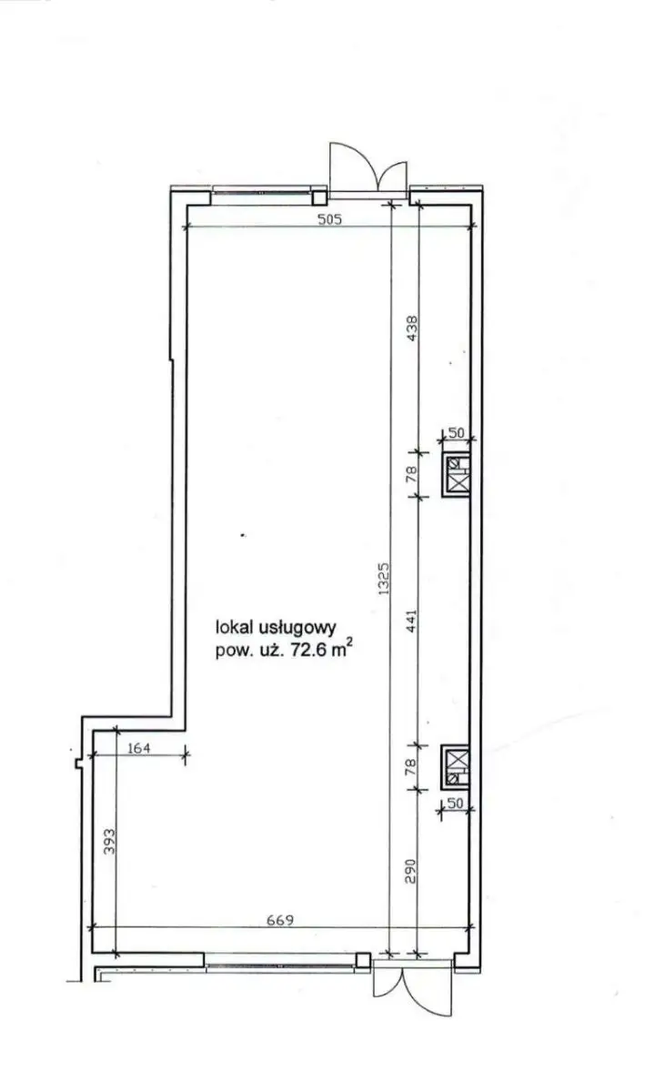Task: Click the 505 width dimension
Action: point(330,219)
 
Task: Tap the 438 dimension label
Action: point(411,329)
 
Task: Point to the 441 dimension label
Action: point(411,621)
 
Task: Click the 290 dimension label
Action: point(411,871)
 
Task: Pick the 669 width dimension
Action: point(280,920)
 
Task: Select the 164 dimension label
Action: point(139,747)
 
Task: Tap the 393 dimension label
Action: point(110,842)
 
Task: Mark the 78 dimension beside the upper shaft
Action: point(411,474)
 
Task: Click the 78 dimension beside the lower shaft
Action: point(411,766)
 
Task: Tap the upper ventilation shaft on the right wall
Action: point(457,475)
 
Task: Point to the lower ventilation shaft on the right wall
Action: point(456,767)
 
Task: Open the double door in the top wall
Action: point(368,171)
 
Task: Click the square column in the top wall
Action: point(319,197)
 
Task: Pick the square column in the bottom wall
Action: point(363,960)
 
